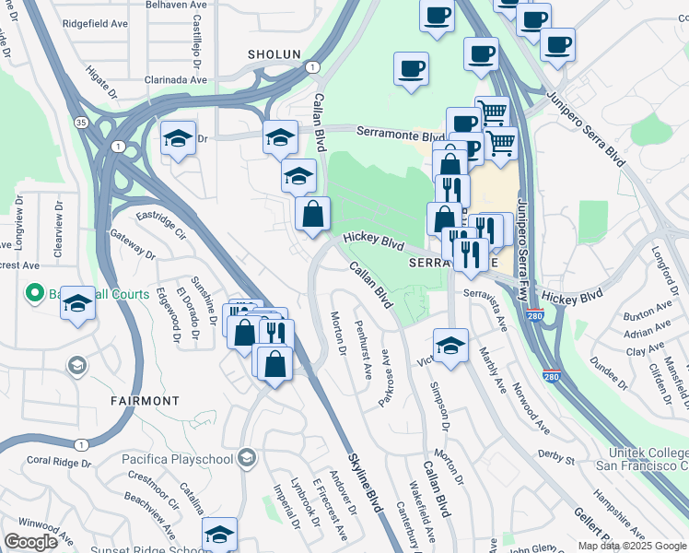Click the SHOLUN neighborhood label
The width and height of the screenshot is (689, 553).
pyautogui.click(x=274, y=54)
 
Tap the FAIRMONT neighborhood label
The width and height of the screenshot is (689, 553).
pyautogui.click(x=145, y=401)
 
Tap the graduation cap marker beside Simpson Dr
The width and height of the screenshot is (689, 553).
pyautogui.click(x=450, y=345)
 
